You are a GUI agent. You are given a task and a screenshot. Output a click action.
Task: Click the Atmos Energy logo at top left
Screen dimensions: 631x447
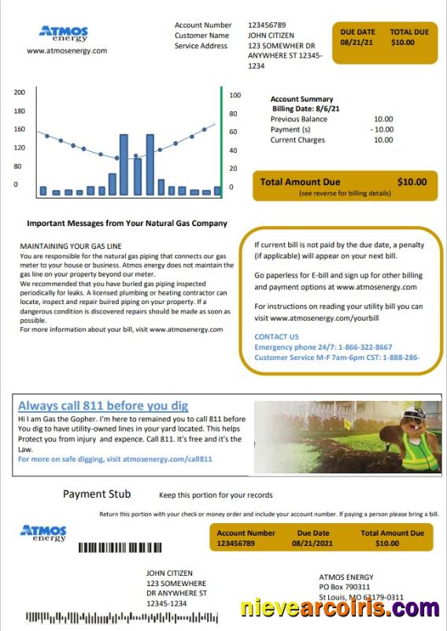tap(64, 34)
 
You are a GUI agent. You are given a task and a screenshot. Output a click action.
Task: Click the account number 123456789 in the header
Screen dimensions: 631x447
tap(267, 25)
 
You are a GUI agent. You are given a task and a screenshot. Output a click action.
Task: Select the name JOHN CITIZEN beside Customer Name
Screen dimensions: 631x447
tap(271, 35)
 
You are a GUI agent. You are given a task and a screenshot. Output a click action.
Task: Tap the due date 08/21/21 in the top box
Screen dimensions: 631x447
tap(356, 43)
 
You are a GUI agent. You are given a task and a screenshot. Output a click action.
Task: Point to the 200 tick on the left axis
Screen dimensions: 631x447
tap(20, 92)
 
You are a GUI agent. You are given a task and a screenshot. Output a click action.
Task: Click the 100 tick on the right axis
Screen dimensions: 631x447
tap(235, 95)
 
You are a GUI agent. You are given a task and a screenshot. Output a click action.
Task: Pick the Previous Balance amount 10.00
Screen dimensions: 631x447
tap(383, 119)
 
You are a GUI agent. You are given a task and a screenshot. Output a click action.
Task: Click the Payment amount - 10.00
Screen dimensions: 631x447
tap(382, 129)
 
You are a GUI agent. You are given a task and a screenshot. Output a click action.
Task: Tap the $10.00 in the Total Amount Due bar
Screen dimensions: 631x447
tap(412, 182)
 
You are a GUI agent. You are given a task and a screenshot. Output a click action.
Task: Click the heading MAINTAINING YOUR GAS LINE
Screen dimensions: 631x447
tap(71, 247)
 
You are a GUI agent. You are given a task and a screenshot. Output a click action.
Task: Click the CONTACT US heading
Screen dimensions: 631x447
tap(276, 336)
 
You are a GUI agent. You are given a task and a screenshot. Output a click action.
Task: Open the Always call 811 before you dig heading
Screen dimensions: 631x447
tap(103, 406)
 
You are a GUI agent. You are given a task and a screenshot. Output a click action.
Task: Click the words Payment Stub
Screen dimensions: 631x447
tap(97, 495)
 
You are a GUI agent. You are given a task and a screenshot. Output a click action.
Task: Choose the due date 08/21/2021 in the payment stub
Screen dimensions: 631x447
tap(313, 544)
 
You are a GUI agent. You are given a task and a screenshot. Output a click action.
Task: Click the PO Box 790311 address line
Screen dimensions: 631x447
tap(344, 587)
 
